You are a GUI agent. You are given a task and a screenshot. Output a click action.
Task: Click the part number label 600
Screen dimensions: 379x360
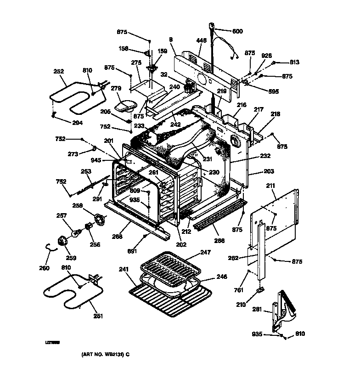tap(237, 31)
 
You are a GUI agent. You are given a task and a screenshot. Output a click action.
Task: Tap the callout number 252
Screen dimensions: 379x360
tap(59, 71)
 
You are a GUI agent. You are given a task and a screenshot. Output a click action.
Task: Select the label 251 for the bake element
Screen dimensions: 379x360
tap(98, 316)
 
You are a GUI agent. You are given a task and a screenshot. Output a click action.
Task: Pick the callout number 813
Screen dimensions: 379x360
tap(294, 62)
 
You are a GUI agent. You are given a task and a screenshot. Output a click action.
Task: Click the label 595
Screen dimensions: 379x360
tap(274, 91)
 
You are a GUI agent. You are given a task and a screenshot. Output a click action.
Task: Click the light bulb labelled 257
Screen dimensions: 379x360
tap(62, 215)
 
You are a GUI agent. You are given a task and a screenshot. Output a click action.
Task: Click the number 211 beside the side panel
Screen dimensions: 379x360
tap(270, 186)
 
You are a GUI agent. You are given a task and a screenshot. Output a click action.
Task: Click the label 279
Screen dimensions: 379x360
tap(116, 88)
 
